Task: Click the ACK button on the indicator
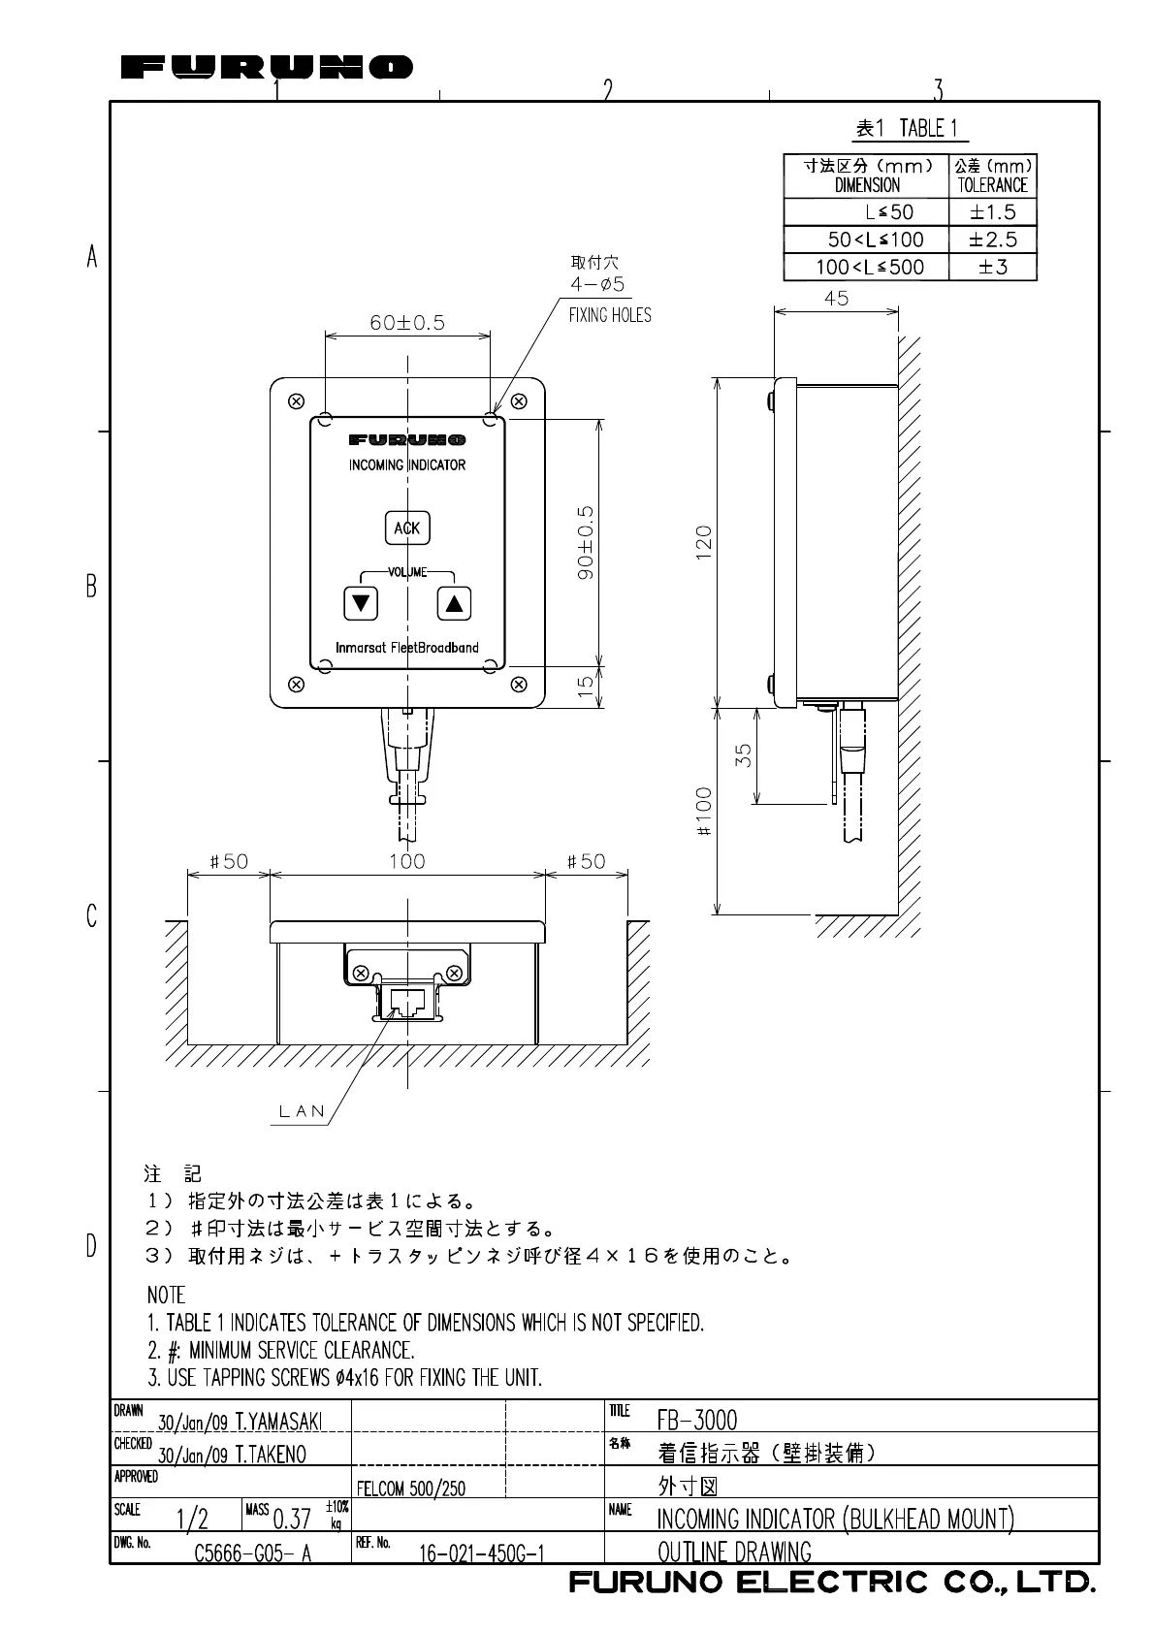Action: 407,528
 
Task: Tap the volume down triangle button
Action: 361,603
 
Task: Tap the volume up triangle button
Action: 453,603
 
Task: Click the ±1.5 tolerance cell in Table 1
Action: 992,212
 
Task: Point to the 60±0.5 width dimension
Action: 407,323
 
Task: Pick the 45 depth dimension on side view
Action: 836,299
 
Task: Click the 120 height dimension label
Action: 704,538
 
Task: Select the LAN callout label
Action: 303,1111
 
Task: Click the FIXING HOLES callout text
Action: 610,315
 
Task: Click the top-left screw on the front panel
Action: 296,400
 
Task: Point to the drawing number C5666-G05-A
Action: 252,1553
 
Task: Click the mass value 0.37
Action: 291,1519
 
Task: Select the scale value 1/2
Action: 192,1519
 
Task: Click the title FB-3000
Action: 697,1421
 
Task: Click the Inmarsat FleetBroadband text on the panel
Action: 407,648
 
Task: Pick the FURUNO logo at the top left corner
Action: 267,67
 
